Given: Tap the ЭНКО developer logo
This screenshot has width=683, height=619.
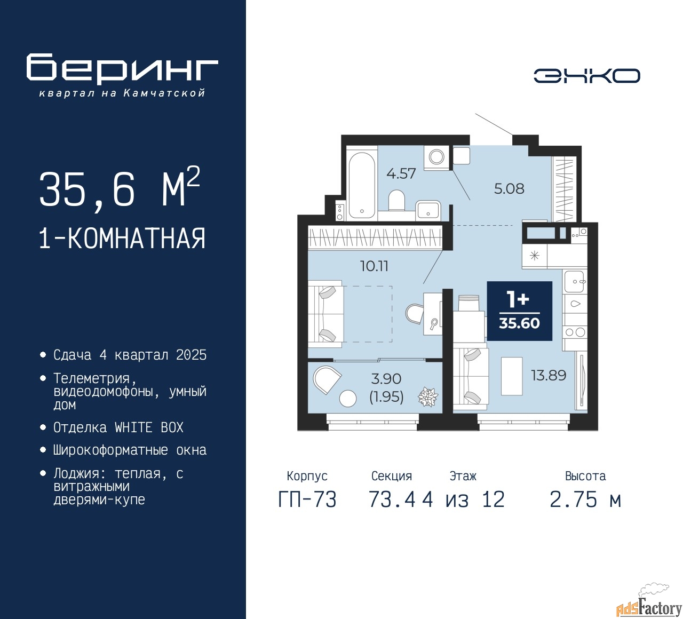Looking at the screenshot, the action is coord(586,76).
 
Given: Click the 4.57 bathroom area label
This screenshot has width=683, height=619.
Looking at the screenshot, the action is coord(401,173).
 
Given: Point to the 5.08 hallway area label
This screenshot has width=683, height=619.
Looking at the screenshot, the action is coord(509,188).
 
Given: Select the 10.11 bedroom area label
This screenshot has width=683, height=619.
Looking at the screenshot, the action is coord(374,266).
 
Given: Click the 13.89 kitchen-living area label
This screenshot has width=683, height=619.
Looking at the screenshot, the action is coord(549,375).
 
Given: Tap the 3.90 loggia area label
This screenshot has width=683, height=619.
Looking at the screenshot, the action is coord(386,379).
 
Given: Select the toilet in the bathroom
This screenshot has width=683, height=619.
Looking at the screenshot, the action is coord(396,200).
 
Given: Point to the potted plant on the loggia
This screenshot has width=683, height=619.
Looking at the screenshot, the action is coord(428,397).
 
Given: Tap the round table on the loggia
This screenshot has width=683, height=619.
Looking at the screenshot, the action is coord(348,398).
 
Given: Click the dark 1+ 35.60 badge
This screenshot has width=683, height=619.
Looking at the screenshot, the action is coord(520,311).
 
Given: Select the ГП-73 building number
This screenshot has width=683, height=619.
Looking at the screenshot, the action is coord(307,499).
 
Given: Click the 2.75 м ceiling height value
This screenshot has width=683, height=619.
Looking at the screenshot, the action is coord(585,499).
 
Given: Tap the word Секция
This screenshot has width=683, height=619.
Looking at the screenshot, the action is coord(392,476).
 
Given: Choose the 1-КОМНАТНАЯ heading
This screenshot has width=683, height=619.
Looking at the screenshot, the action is coord(122,239).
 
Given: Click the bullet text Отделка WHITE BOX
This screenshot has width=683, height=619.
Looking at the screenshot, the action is coord(118,427).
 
